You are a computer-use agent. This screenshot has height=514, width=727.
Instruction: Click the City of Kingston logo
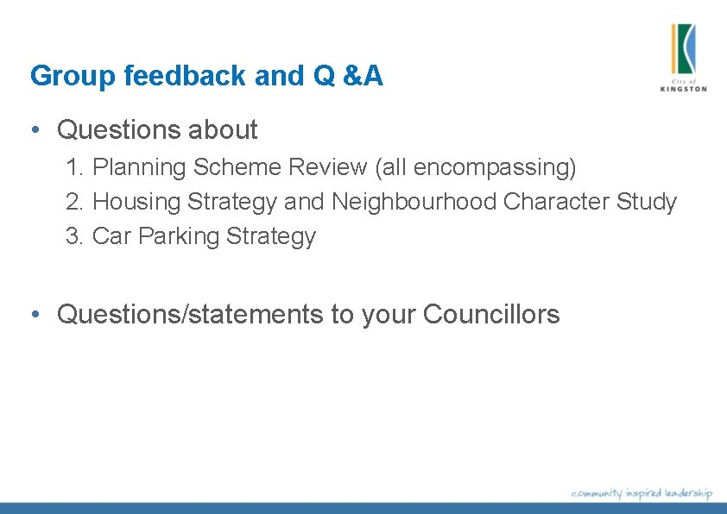pyautogui.click(x=683, y=56)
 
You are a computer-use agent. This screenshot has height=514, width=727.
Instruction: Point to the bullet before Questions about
pyautogui.click(x=35, y=130)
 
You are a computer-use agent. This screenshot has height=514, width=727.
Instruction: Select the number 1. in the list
pyautogui.click(x=75, y=167)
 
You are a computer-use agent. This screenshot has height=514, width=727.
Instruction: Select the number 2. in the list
pyautogui.click(x=75, y=202)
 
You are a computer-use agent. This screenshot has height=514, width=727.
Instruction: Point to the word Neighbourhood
pyautogui.click(x=414, y=202)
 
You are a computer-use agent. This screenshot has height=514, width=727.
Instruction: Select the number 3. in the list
pyautogui.click(x=75, y=236)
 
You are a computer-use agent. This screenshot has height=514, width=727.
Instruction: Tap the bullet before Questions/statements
pyautogui.click(x=35, y=315)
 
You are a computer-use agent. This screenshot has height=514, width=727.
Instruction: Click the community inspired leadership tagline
pyautogui.click(x=642, y=493)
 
